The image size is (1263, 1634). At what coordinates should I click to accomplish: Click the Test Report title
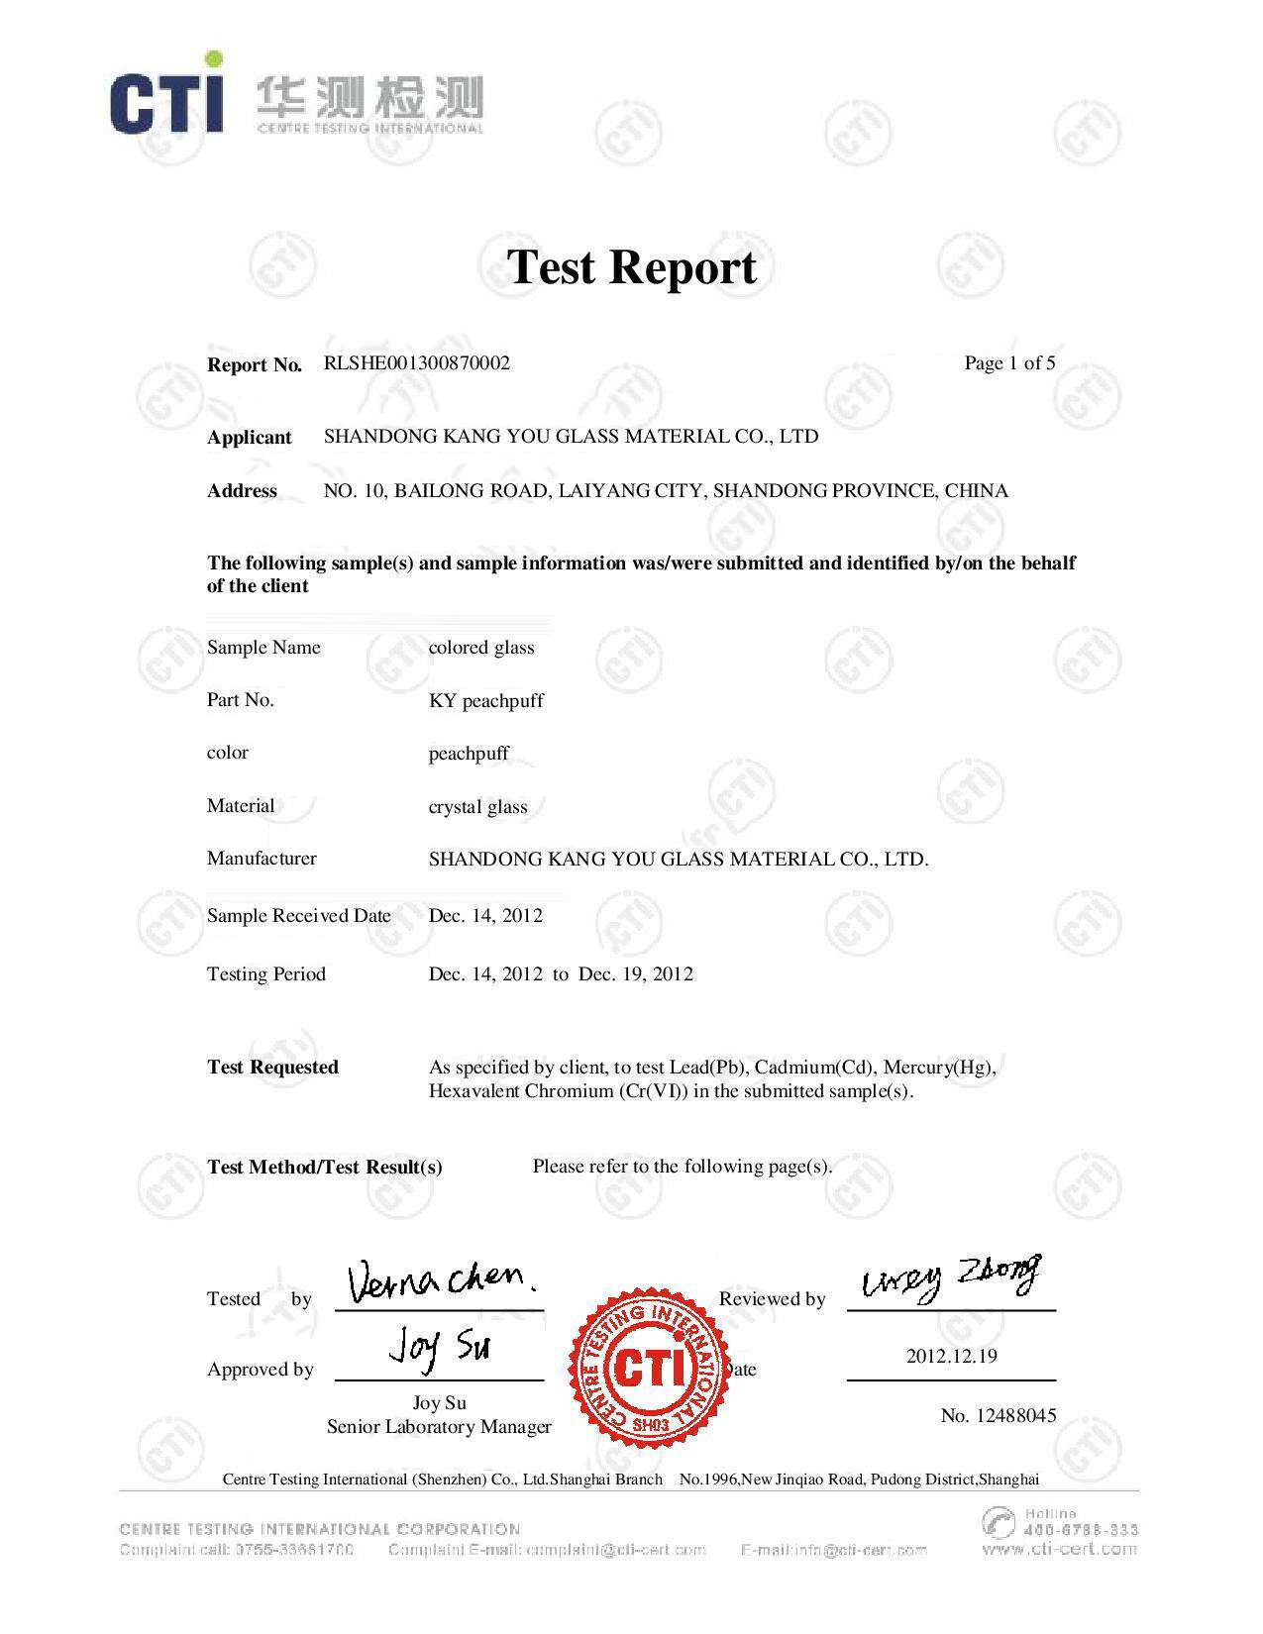(632, 267)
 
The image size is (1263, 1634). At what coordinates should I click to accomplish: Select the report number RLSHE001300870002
(417, 363)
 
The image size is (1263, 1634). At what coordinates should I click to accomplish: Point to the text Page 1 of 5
(1009, 363)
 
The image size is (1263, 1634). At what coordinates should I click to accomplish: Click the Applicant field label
(250, 438)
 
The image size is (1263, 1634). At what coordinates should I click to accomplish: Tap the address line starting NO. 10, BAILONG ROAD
(666, 491)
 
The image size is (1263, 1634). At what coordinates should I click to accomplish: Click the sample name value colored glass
(481, 648)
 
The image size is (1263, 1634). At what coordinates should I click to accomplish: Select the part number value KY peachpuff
(485, 701)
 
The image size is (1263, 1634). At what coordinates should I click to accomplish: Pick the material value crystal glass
(477, 807)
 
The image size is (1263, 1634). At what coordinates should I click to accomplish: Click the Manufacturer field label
(262, 859)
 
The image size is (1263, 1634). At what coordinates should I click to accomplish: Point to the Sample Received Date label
(298, 916)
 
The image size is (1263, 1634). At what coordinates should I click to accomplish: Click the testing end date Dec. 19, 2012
(636, 974)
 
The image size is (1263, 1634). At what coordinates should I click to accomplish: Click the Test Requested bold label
(272, 1068)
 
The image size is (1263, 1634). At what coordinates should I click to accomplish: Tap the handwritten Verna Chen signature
(442, 1282)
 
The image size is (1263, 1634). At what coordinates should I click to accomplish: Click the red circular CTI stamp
(649, 1368)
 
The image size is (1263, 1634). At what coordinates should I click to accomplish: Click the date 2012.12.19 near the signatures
(951, 1357)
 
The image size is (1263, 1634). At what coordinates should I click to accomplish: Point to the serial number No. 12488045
(999, 1416)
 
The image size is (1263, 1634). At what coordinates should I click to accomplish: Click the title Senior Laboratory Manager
(439, 1427)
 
